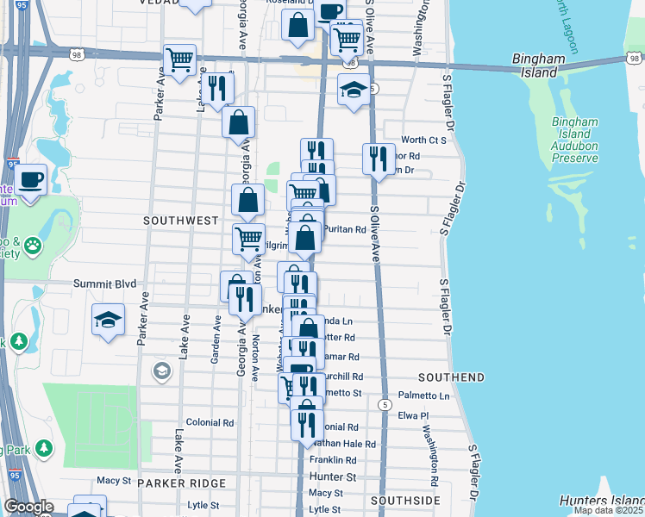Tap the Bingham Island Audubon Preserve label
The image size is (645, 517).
[x=573, y=140]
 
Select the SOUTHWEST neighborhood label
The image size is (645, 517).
[x=181, y=221]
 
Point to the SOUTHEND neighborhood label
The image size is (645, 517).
[x=451, y=378]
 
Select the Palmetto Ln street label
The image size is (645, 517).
[x=432, y=396]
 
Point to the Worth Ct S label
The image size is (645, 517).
[x=423, y=140]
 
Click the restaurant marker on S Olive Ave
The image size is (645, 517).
[x=379, y=159]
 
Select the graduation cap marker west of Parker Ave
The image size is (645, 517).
[x=109, y=321]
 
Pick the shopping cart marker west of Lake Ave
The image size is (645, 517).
[x=179, y=60]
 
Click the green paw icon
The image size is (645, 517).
[x=33, y=246]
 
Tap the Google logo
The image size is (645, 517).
[x=28, y=508]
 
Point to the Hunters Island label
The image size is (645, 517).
[x=601, y=501]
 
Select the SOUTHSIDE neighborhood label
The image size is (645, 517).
[x=405, y=501]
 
